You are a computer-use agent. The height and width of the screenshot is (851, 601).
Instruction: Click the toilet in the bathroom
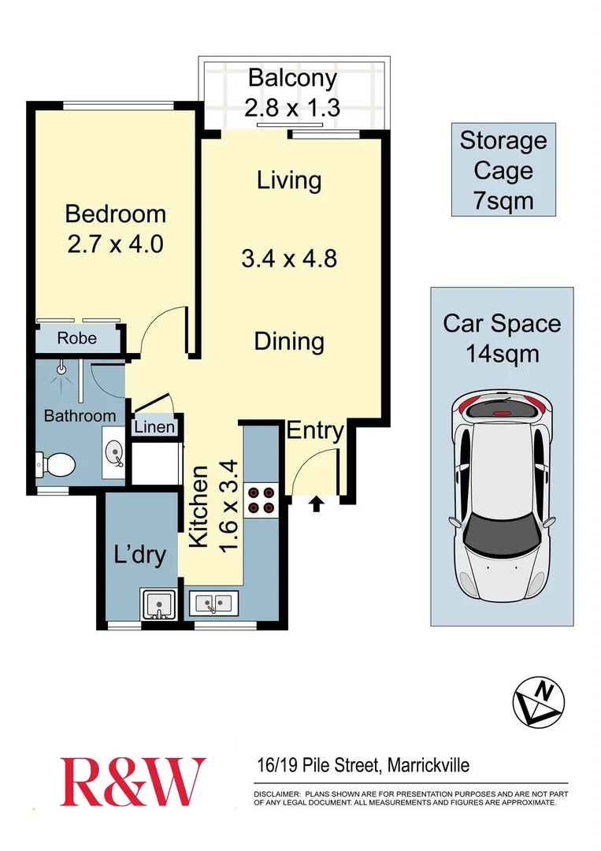click(x=56, y=463)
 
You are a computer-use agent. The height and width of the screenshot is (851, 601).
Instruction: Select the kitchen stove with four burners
click(x=261, y=500)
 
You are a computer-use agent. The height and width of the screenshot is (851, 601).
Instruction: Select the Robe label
click(x=76, y=338)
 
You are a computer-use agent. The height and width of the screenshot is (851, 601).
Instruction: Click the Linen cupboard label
click(x=155, y=428)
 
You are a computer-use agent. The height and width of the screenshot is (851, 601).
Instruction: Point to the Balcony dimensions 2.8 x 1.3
click(x=291, y=106)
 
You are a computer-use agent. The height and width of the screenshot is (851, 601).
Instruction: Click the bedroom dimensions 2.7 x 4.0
click(x=115, y=243)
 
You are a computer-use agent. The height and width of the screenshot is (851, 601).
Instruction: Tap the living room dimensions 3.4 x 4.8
click(x=289, y=257)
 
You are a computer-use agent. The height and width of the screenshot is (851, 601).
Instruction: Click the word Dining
click(x=289, y=341)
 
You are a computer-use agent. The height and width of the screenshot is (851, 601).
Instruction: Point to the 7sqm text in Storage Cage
click(x=503, y=200)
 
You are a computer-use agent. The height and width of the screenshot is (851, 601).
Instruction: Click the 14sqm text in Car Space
click(x=502, y=353)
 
